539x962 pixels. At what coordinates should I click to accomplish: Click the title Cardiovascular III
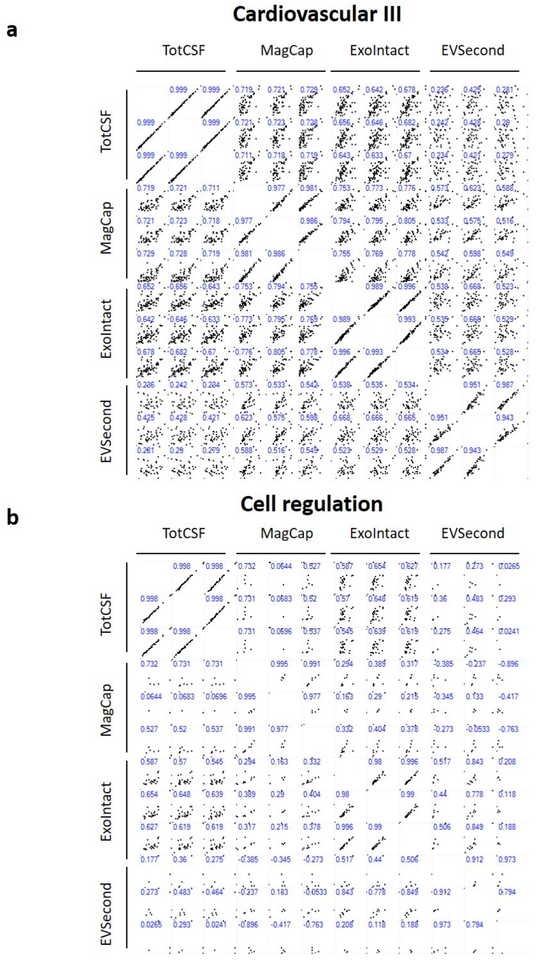(x=317, y=15)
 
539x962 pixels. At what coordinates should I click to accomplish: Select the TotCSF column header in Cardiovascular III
(x=184, y=50)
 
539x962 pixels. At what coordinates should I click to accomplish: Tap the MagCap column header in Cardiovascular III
(x=286, y=50)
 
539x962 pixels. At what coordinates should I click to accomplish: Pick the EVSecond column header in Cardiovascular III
(x=473, y=50)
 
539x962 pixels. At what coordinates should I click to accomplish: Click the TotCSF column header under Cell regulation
(x=184, y=533)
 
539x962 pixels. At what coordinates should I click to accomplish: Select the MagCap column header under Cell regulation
(x=286, y=533)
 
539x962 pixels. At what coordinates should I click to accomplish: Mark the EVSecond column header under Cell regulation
(x=473, y=533)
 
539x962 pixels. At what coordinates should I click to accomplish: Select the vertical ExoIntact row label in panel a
(x=106, y=329)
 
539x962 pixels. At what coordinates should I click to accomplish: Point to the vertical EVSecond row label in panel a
(x=106, y=431)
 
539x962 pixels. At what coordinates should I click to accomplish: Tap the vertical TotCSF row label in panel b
(x=106, y=614)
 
